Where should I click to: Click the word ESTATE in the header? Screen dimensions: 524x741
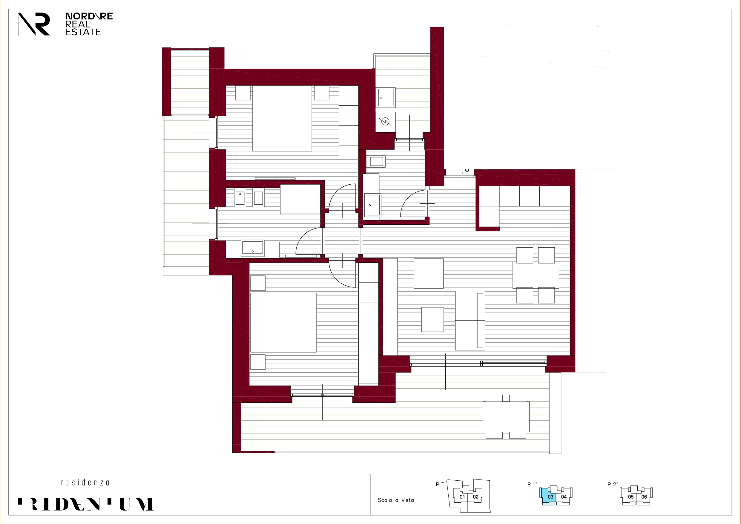click(83, 32)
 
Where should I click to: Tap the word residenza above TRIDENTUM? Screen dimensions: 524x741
click(85, 483)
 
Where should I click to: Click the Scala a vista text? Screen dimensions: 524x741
click(396, 500)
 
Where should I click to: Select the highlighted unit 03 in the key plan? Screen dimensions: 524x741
click(550, 497)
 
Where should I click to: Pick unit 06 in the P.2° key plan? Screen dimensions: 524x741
click(644, 497)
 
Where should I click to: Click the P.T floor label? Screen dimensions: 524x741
click(440, 484)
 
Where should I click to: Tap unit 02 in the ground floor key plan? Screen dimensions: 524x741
click(475, 497)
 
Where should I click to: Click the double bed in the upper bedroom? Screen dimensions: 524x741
click(282, 118)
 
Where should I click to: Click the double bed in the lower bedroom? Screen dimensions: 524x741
click(283, 322)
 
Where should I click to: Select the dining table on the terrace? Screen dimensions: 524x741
click(506, 416)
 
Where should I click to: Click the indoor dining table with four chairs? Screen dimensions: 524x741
click(536, 275)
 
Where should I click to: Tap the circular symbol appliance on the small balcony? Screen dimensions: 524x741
click(385, 122)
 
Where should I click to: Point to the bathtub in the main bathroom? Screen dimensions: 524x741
click(300, 199)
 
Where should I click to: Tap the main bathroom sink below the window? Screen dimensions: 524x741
click(253, 248)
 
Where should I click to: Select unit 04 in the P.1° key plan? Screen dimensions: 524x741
click(564, 497)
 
